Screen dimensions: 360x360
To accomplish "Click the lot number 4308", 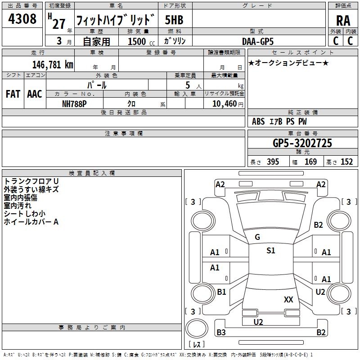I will (22, 19).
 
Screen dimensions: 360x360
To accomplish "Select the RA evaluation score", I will (343, 21).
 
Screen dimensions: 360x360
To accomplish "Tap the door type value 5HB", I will (174, 20).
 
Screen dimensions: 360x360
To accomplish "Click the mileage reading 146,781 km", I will (53, 64).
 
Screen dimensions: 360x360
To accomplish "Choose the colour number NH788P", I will (74, 103).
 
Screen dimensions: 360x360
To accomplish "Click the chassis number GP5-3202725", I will (302, 143).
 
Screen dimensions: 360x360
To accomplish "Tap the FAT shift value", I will (13, 94).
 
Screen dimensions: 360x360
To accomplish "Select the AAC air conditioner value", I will (35, 94).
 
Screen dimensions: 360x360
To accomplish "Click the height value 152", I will (346, 162).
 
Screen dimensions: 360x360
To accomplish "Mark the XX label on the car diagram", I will (288, 299).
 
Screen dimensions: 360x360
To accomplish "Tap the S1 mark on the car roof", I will (270, 251).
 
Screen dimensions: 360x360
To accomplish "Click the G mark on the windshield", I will (257, 237).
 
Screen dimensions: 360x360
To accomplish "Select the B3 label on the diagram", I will (221, 333).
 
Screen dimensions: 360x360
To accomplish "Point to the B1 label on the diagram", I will (221, 292).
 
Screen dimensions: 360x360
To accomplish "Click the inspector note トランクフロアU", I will (31, 181).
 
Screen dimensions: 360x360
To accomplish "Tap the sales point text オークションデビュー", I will (288, 63).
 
